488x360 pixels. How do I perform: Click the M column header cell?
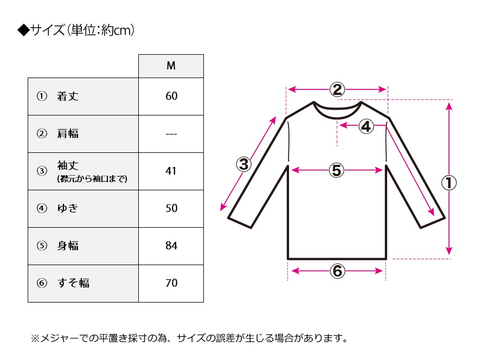coord(171,66)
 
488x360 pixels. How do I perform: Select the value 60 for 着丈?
coord(171,96)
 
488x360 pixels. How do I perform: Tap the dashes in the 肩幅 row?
coord(171,134)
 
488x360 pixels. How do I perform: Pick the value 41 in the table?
coord(171,171)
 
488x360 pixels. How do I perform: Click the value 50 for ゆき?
coord(171,208)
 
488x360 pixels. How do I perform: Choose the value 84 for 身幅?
coord(171,246)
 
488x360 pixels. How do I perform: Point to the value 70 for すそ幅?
coord(171,283)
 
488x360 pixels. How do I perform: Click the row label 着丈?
coord(68,96)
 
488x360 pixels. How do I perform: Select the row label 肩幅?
coord(68,133)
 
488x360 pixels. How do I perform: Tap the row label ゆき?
coord(68,208)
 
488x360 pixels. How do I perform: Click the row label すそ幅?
coord(73,283)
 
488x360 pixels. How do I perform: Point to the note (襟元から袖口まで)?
coord(92,178)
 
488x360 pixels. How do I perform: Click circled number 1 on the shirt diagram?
coord(449,183)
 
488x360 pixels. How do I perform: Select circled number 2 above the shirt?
coord(337,89)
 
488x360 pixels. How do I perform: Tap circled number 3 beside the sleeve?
coord(244,164)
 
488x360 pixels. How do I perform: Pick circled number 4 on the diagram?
coord(367,126)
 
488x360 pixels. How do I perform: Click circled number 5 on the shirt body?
coord(336,170)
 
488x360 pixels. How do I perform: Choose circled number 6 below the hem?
coord(337,271)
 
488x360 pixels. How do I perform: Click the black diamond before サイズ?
coord(23,30)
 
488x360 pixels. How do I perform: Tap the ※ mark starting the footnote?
coord(35,338)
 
